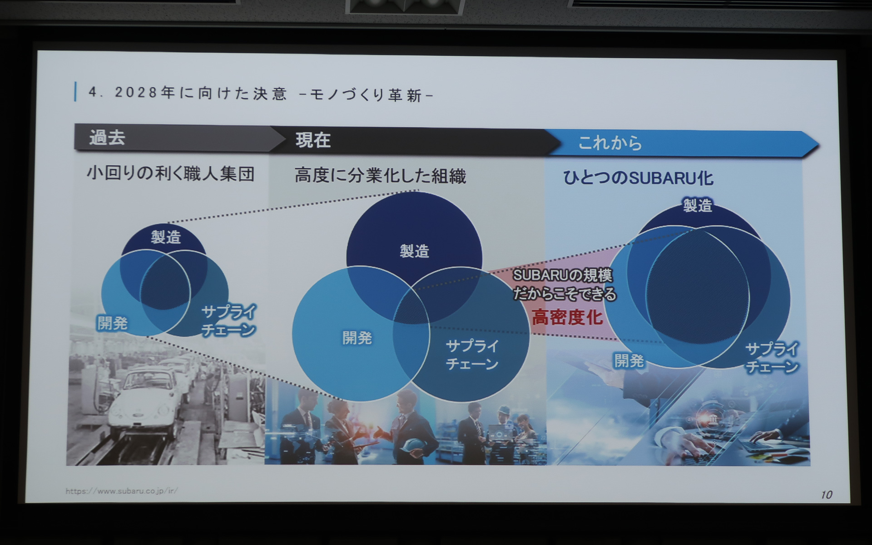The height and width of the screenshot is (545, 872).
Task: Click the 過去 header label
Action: [107, 138]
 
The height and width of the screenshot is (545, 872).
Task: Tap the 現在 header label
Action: [313, 140]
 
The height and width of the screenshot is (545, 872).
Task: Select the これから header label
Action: [610, 143]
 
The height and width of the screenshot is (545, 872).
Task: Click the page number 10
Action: [826, 495]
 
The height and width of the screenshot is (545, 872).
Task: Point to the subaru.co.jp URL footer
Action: [122, 491]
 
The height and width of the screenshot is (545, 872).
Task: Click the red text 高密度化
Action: [567, 317]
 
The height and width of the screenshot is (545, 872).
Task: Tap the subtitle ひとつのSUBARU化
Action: [638, 178]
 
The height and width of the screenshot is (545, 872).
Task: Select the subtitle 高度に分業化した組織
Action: [380, 176]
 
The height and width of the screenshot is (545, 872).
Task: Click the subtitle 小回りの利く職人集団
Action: [170, 173]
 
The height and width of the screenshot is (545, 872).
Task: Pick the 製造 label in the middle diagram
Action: [414, 251]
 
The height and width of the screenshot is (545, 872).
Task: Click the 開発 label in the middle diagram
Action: [357, 338]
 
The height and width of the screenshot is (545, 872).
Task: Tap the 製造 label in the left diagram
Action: [166, 237]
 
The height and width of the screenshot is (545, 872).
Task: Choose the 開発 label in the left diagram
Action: [112, 323]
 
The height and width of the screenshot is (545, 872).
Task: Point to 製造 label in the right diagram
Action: [698, 205]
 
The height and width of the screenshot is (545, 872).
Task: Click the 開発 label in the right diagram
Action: [629, 361]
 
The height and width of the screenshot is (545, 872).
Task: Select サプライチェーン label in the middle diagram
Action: [472, 355]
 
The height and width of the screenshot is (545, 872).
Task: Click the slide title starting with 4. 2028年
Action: [261, 94]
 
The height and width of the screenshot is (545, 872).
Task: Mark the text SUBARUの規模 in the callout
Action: [562, 275]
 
